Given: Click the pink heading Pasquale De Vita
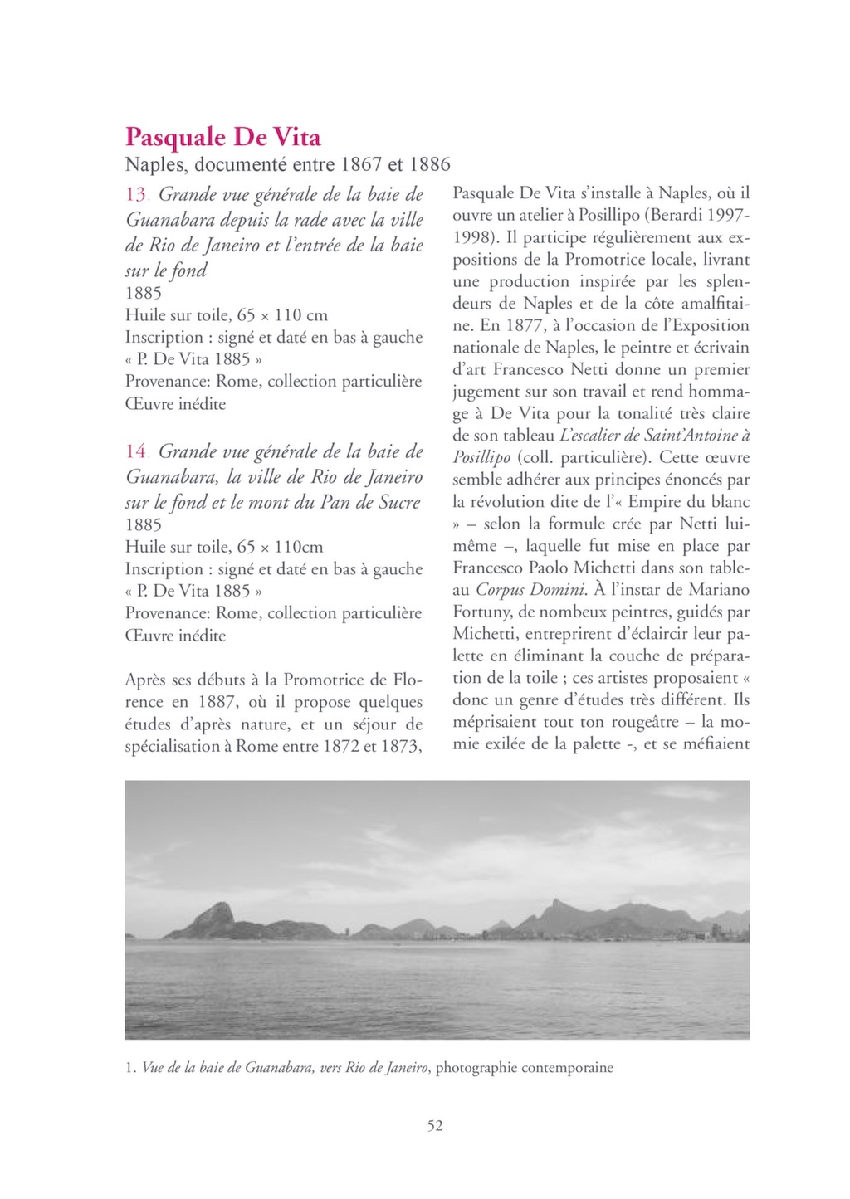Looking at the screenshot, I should [222, 137].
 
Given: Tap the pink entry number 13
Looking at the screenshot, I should [136, 195].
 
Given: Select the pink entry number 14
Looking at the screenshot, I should [136, 452].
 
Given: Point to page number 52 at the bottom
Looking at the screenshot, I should [435, 1126].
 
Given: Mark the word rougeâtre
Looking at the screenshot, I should [642, 722].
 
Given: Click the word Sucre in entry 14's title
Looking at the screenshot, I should [397, 503].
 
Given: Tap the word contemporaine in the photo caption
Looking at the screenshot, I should [568, 1068].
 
